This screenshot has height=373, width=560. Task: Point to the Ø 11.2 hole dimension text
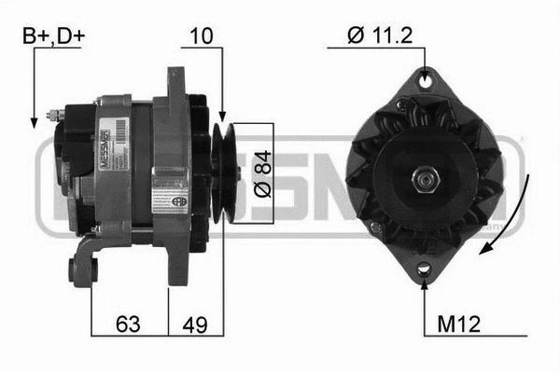(x=380, y=36)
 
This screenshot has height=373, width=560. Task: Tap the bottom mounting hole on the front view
(x=426, y=269)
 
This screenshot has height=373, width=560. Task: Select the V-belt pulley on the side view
(x=222, y=173)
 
